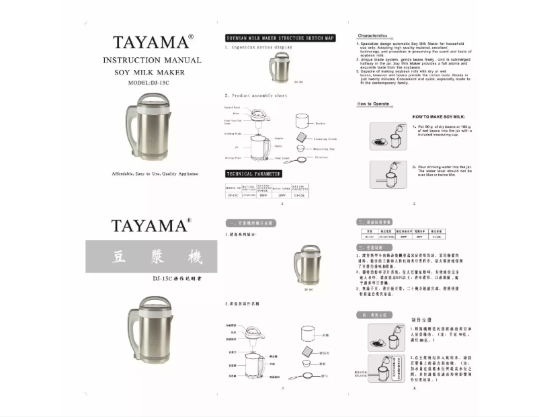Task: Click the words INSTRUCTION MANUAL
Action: click(x=151, y=61)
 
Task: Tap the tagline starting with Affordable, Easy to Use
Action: click(x=155, y=174)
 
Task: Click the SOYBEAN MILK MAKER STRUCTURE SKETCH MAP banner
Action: click(x=280, y=38)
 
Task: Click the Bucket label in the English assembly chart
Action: click(x=321, y=124)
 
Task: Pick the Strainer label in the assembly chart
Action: click(x=321, y=157)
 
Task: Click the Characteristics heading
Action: click(x=372, y=35)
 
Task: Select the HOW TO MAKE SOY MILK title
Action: click(x=439, y=117)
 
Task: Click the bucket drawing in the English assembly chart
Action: click(x=304, y=122)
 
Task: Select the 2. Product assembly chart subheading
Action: click(x=256, y=96)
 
